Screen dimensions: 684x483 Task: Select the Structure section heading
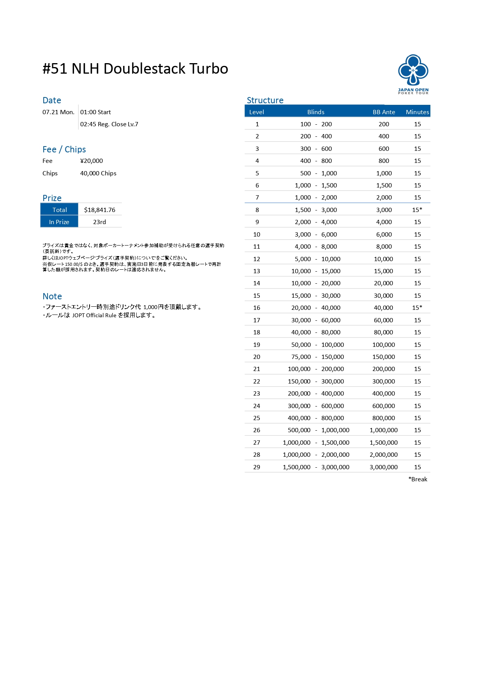coord(265,100)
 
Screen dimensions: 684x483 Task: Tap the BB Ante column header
coord(384,112)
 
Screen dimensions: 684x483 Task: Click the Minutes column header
coord(417,112)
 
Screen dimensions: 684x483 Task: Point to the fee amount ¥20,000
coord(92,161)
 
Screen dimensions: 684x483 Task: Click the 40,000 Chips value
coord(98,173)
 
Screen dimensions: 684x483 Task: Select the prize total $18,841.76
coord(100,210)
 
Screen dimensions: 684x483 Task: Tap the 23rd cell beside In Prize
coord(99,222)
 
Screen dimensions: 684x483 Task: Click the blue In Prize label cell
coord(59,222)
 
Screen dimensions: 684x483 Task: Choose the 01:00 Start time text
coord(95,112)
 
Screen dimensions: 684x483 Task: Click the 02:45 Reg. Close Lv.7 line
coord(109,124)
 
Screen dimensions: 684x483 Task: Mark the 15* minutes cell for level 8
coord(417,210)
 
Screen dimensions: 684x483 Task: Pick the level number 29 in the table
coord(257,467)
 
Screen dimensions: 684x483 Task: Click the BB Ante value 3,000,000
coord(384,467)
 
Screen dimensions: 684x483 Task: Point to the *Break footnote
coord(418,479)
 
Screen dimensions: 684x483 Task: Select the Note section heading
coord(52,296)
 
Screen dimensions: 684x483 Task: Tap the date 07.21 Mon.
coord(58,112)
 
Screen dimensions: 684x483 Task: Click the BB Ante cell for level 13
coord(384,271)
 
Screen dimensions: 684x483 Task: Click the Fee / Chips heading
coord(64,149)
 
